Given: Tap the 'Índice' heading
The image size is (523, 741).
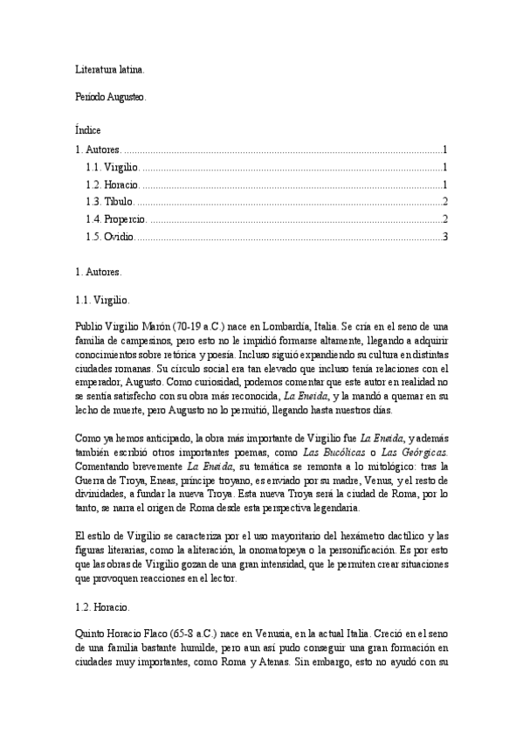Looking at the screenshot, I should [88, 128].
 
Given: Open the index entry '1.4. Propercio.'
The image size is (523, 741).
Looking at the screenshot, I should [116, 218].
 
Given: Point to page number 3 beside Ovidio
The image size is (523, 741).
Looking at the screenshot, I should [445, 236].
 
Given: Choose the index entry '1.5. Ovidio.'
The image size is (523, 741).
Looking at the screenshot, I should [110, 236].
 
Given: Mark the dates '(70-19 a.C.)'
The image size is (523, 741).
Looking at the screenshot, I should [200, 325].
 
